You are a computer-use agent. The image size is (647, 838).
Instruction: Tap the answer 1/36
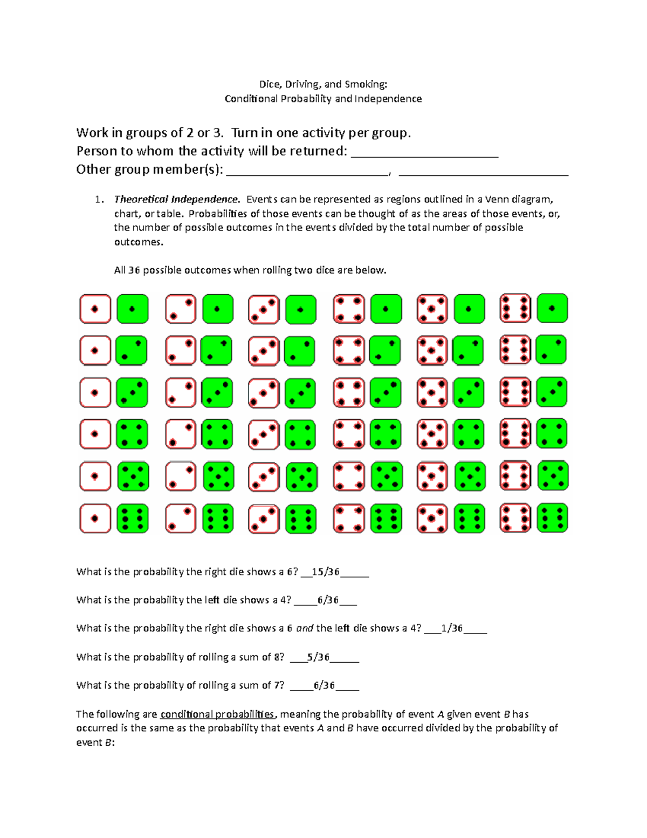pos(452,628)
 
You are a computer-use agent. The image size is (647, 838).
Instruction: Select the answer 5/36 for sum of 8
pos(318,657)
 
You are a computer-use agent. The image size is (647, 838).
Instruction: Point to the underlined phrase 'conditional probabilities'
pos(217,714)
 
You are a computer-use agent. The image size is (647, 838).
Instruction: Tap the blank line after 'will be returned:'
pos(424,152)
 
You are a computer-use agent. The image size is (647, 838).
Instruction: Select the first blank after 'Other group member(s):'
pos(307,171)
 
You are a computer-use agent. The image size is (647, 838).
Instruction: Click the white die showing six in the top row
pos(515,308)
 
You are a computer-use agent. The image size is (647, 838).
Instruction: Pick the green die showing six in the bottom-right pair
pos(553,518)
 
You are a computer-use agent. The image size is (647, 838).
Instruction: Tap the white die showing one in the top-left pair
pos(95,309)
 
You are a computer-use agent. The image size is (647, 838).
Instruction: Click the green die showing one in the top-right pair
pos(553,308)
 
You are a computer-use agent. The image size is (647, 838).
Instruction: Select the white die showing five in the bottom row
pos(432,519)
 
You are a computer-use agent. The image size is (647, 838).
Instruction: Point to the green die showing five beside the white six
pos(553,476)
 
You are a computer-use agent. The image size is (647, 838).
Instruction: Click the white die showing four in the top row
pos(349,309)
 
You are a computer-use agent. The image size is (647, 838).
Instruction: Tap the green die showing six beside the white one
pos(133,519)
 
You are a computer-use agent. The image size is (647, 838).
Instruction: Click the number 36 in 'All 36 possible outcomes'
pos(134,270)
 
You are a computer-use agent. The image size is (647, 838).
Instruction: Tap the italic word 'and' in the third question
pos(305,628)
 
